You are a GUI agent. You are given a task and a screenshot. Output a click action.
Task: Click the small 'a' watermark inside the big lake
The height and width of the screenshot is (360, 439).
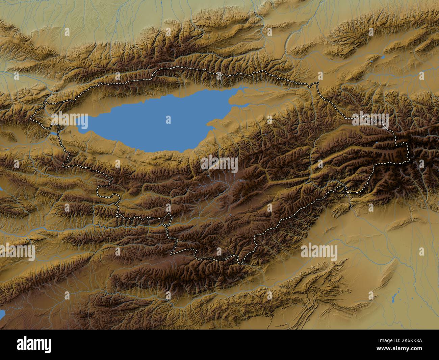pos(168,119)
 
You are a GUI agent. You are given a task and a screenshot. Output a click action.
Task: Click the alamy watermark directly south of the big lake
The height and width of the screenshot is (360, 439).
pos(219,164)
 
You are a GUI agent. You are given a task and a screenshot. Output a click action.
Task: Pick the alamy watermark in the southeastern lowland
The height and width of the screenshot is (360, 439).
pos(319,252)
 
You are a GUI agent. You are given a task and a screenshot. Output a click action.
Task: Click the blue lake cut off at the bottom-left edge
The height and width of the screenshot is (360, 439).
pos(2,314)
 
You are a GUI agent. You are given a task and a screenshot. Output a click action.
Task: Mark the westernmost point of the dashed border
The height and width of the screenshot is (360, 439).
pos(31,118)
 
